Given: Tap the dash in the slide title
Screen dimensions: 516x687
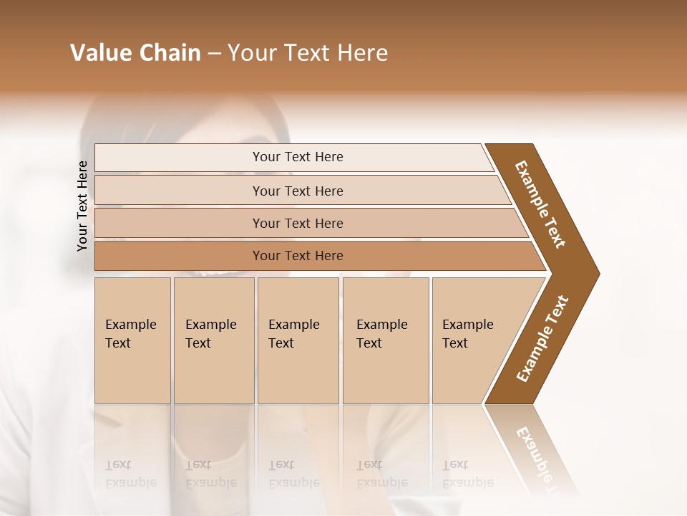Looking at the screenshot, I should click(x=214, y=54).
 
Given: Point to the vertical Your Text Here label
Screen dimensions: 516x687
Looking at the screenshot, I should click(x=82, y=206).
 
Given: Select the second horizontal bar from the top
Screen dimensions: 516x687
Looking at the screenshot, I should click(x=297, y=191).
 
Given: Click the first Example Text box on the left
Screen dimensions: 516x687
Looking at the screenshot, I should click(x=132, y=340).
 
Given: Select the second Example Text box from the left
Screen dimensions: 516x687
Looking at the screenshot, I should click(x=214, y=340).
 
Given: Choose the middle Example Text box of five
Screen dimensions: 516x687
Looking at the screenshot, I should click(x=298, y=340).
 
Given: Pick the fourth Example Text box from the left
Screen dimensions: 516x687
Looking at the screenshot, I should click(x=386, y=340).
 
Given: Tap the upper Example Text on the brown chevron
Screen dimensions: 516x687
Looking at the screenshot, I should click(x=540, y=204).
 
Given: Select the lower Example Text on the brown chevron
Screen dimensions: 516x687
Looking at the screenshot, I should click(x=542, y=339).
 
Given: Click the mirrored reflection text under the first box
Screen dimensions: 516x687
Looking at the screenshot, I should click(x=131, y=474).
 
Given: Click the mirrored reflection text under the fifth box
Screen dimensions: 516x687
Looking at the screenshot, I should click(x=468, y=474).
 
